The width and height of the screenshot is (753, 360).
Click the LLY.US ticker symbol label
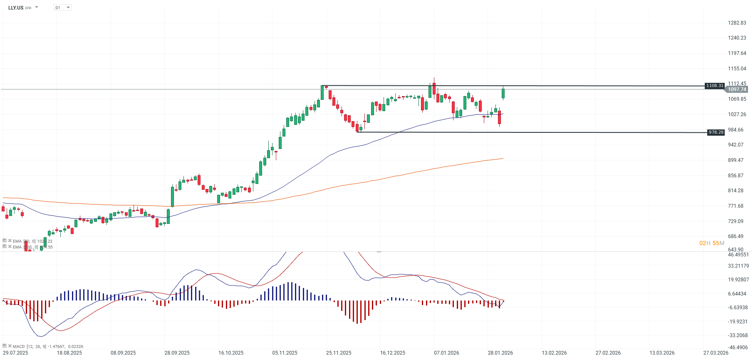pos(16,8)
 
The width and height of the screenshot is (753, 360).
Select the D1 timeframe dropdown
pos(62,7)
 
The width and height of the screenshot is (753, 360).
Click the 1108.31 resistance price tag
pos(715,86)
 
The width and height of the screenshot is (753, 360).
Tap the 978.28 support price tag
pos(716,132)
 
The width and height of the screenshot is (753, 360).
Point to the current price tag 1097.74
pos(737,89)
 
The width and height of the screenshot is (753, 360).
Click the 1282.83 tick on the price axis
pos(737,23)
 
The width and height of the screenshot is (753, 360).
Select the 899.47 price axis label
pos(736,160)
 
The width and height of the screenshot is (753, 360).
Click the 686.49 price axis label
pos(736,236)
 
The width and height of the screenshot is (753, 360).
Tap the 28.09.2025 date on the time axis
pos(177,353)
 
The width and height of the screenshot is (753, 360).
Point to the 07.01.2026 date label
pos(446,353)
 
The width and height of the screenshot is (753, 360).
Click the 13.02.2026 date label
pos(554,353)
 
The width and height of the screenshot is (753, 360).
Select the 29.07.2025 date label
pos(15,353)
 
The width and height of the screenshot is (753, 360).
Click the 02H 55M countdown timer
pos(711,243)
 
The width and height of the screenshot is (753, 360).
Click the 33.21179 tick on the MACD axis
pos(738,266)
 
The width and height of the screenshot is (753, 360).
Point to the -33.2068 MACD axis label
pos(738,335)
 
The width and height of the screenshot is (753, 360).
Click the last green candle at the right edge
pos(503,93)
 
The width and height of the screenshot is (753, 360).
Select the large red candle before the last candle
pos(499,117)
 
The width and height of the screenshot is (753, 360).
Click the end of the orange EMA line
pos(503,158)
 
